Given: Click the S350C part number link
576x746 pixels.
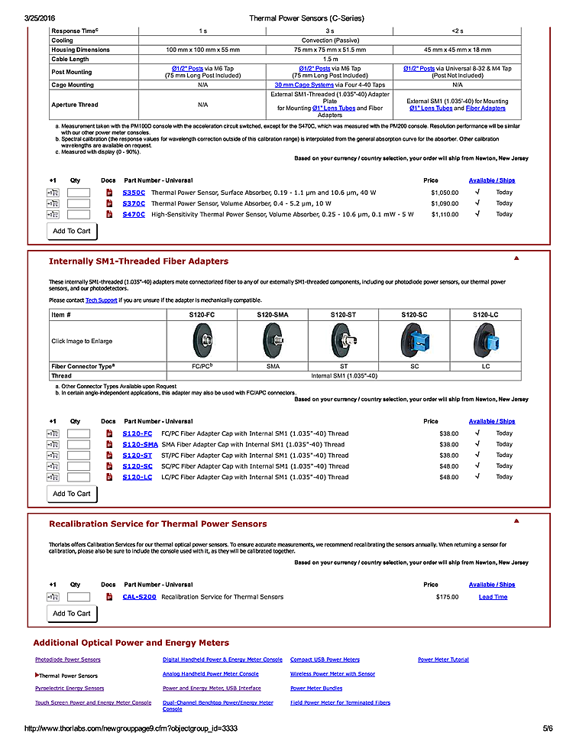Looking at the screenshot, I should click(134, 193).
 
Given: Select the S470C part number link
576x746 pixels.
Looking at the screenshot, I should click(134, 214).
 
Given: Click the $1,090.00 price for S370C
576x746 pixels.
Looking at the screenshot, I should click(445, 203).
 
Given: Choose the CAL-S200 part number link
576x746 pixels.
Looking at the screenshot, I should click(139, 596).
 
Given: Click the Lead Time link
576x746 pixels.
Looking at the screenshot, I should click(493, 596).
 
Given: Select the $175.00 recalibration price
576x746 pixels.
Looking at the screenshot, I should click(447, 596).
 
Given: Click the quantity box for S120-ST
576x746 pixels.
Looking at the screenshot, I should click(79, 456).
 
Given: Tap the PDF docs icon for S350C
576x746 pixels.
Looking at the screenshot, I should click(109, 193).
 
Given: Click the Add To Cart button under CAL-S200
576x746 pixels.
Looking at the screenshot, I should click(71, 613).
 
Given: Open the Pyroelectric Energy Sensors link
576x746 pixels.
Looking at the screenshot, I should click(70, 688).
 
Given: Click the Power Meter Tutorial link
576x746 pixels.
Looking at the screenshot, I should click(443, 659).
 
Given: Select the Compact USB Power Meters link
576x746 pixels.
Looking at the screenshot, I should click(325, 659).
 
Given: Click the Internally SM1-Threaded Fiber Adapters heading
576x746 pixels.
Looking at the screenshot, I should click(138, 261).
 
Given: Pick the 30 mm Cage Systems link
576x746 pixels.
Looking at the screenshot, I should click(301, 85).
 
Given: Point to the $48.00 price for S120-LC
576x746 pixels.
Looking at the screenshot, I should click(448, 477).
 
